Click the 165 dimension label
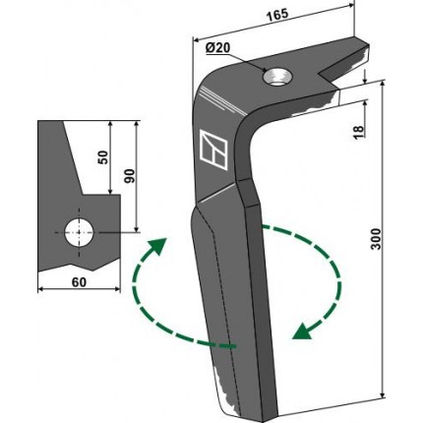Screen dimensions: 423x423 [276, 15]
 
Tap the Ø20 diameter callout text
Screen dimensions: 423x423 [217, 48]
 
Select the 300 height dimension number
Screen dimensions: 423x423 [377, 239]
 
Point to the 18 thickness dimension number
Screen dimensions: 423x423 [359, 132]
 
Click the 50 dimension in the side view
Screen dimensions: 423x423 [102, 157]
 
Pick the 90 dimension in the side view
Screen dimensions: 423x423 [130, 176]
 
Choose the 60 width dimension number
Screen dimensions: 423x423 [79, 282]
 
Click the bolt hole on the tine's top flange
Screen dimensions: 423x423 [276, 77]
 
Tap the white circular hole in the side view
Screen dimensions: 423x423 [79, 233]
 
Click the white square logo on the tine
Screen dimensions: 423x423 [213, 150]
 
